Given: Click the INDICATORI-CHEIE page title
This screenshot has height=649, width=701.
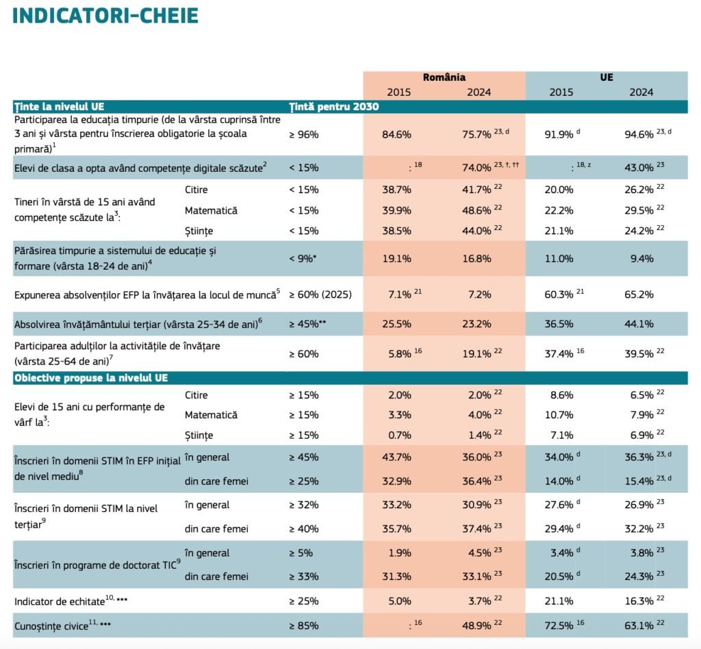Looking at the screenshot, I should (105, 16).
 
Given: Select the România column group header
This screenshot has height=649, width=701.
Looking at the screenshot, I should (444, 77).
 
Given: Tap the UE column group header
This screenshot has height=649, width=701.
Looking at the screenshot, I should (606, 77).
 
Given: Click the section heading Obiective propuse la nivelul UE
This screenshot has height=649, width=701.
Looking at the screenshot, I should (91, 378).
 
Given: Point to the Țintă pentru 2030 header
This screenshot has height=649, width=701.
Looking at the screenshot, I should (333, 106).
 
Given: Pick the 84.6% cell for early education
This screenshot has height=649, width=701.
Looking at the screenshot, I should (396, 135).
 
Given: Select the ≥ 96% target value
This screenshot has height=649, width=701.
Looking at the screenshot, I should (304, 135).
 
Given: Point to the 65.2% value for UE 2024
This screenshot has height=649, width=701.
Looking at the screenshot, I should (639, 295).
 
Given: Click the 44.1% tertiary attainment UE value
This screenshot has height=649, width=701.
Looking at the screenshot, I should (639, 324).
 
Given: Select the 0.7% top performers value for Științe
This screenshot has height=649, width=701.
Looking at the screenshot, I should (396, 435).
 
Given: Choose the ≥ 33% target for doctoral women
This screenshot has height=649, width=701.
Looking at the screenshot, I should (304, 576).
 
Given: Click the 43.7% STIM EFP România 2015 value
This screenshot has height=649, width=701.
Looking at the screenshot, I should (396, 457).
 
